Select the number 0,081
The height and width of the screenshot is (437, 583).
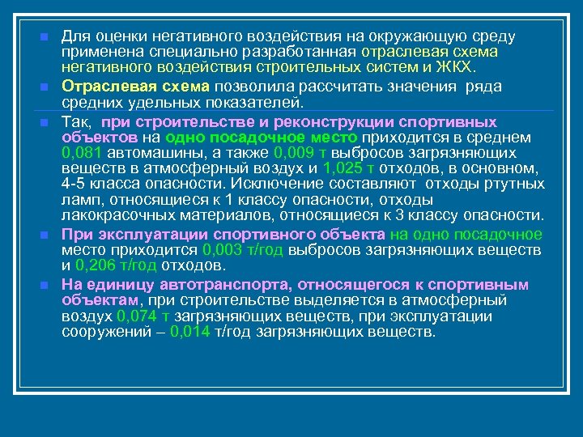coord(80,152)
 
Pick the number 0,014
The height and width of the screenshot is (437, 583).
coord(191,332)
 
